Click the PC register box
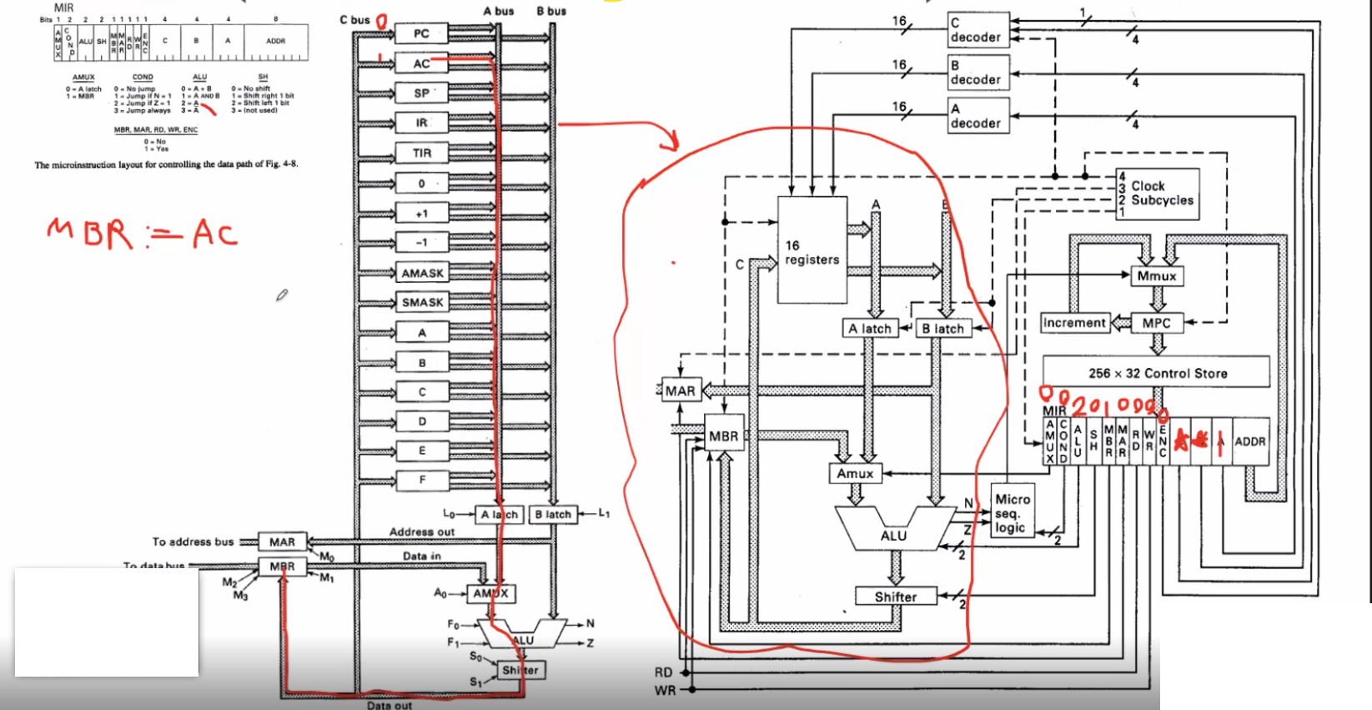pyautogui.click(x=421, y=33)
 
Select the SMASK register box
pyautogui.click(x=422, y=302)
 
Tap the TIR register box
pyautogui.click(x=422, y=153)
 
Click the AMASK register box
pyautogui.click(x=422, y=273)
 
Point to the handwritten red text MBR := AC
pyautogui.click(x=142, y=234)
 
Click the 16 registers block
pyautogui.click(x=812, y=250)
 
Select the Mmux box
pyautogui.click(x=1156, y=276)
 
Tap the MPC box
pyautogui.click(x=1156, y=323)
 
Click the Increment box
pyautogui.click(x=1074, y=323)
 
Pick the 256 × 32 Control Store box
pyautogui.click(x=1156, y=372)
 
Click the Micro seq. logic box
pyautogui.click(x=1012, y=512)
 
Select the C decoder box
pyautogui.click(x=978, y=30)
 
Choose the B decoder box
pyautogui.click(x=978, y=73)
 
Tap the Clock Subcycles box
pyautogui.click(x=1158, y=194)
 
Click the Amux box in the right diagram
pyautogui.click(x=855, y=473)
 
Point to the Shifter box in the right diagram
pyautogui.click(x=895, y=597)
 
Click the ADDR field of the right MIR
pyautogui.click(x=1249, y=441)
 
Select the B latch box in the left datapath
pyautogui.click(x=552, y=514)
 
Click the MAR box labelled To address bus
pyautogui.click(x=282, y=541)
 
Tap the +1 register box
pyautogui.click(x=422, y=213)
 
